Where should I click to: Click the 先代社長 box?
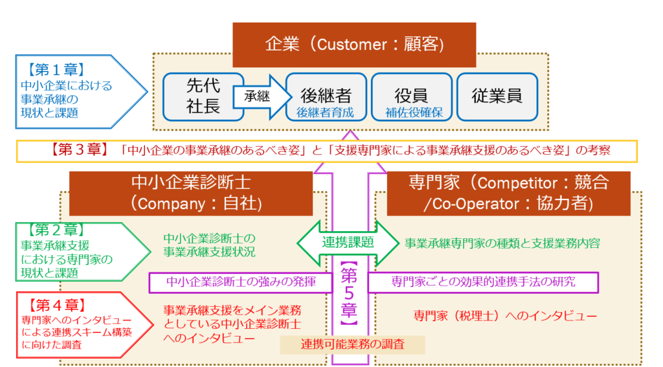click(203, 96)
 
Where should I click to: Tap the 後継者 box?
click(326, 96)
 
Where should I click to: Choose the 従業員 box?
click(497, 96)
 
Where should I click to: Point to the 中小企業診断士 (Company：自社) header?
click(190, 193)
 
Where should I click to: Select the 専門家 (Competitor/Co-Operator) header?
click(508, 193)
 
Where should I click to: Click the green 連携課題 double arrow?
click(348, 243)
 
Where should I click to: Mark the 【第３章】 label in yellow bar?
click(78, 150)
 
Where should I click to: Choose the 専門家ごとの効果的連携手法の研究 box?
click(483, 282)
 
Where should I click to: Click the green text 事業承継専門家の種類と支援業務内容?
click(502, 243)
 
